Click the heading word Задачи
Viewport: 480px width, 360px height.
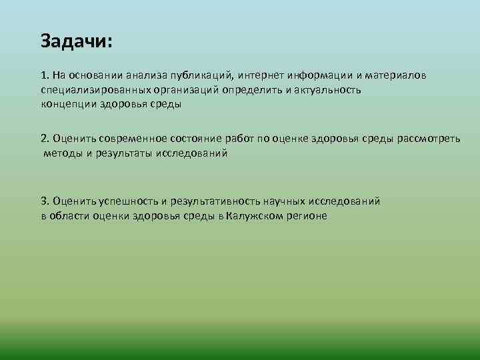tap(75, 41)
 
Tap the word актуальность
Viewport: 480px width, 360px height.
tap(327, 90)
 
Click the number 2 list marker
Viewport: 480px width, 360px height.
tap(44, 139)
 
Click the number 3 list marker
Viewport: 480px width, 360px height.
tap(44, 201)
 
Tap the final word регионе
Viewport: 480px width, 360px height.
tap(307, 216)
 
